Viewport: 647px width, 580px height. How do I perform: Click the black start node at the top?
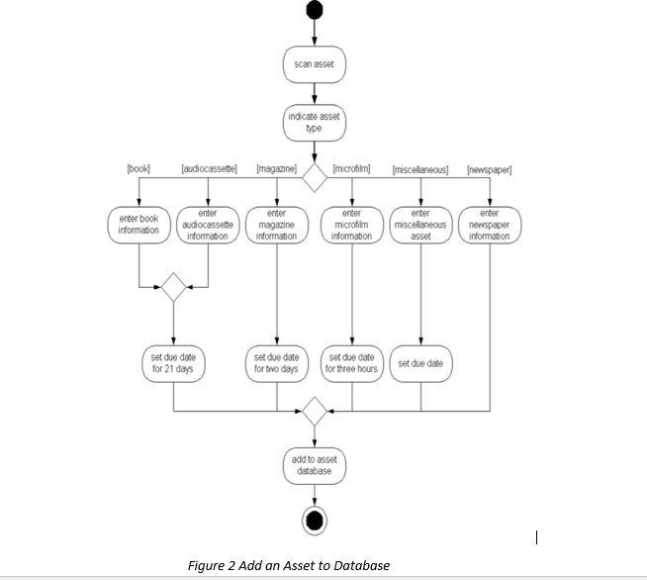pos(315,11)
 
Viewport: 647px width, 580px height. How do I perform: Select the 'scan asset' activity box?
pos(315,64)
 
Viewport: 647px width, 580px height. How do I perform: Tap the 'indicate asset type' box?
pos(315,122)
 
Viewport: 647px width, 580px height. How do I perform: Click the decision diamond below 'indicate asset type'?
pos(315,178)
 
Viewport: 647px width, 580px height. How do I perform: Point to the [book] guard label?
pos(139,169)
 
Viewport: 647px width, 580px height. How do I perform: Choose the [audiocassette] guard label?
pos(209,169)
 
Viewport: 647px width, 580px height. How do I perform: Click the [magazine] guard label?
pos(276,169)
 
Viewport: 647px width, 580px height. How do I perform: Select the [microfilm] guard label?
pos(351,169)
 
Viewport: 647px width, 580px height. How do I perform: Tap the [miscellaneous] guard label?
pos(420,170)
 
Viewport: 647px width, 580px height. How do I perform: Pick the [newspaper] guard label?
pos(489,170)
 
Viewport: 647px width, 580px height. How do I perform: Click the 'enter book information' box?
pos(139,225)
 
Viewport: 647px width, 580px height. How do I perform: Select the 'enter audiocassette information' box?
pos(208,225)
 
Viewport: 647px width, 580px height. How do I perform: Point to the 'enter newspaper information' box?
pos(489,225)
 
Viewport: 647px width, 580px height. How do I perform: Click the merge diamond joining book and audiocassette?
pos(173,287)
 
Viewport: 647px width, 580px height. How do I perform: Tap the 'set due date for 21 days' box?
pos(173,363)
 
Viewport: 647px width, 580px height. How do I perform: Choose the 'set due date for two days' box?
pos(276,363)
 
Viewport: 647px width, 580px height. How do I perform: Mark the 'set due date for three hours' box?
pos(351,363)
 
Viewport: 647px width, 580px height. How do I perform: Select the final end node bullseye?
pos(315,520)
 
